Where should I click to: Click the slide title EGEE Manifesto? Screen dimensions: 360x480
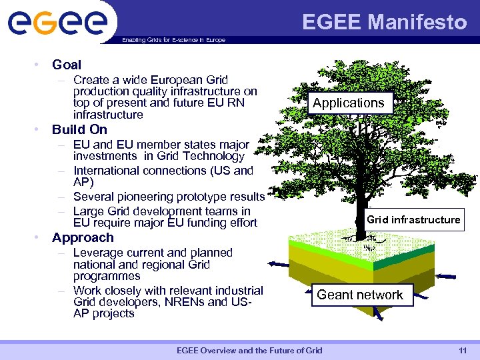[x=385, y=22]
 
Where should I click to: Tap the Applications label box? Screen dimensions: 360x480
[x=348, y=103]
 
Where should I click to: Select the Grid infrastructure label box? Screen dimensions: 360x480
[x=413, y=219]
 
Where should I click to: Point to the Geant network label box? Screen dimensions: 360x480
[x=360, y=295]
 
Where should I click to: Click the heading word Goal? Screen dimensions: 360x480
[x=67, y=65]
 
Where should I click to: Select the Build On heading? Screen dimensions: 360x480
[x=79, y=129]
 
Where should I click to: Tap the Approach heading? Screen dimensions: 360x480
[x=83, y=237]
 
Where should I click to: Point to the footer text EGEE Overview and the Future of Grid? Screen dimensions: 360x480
[x=249, y=351]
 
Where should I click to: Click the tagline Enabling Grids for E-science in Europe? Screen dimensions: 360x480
[x=173, y=40]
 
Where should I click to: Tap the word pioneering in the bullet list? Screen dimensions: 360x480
[x=145, y=197]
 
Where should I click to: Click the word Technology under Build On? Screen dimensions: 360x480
[x=213, y=156]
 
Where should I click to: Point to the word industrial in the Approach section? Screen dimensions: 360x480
[x=237, y=290]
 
